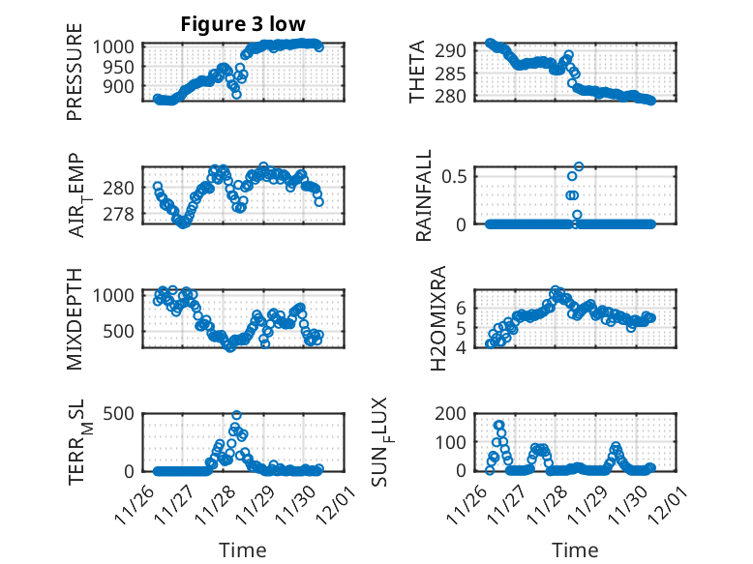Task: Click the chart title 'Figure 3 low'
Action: pos(243,24)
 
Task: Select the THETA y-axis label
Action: pos(417,73)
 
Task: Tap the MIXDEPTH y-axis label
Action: pos(75,318)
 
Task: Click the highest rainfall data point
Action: pos(579,166)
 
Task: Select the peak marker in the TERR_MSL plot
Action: pos(236,415)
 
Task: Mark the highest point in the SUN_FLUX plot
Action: pos(499,425)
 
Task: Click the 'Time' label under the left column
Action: pos(242,549)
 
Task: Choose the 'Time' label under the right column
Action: pos(575,549)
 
